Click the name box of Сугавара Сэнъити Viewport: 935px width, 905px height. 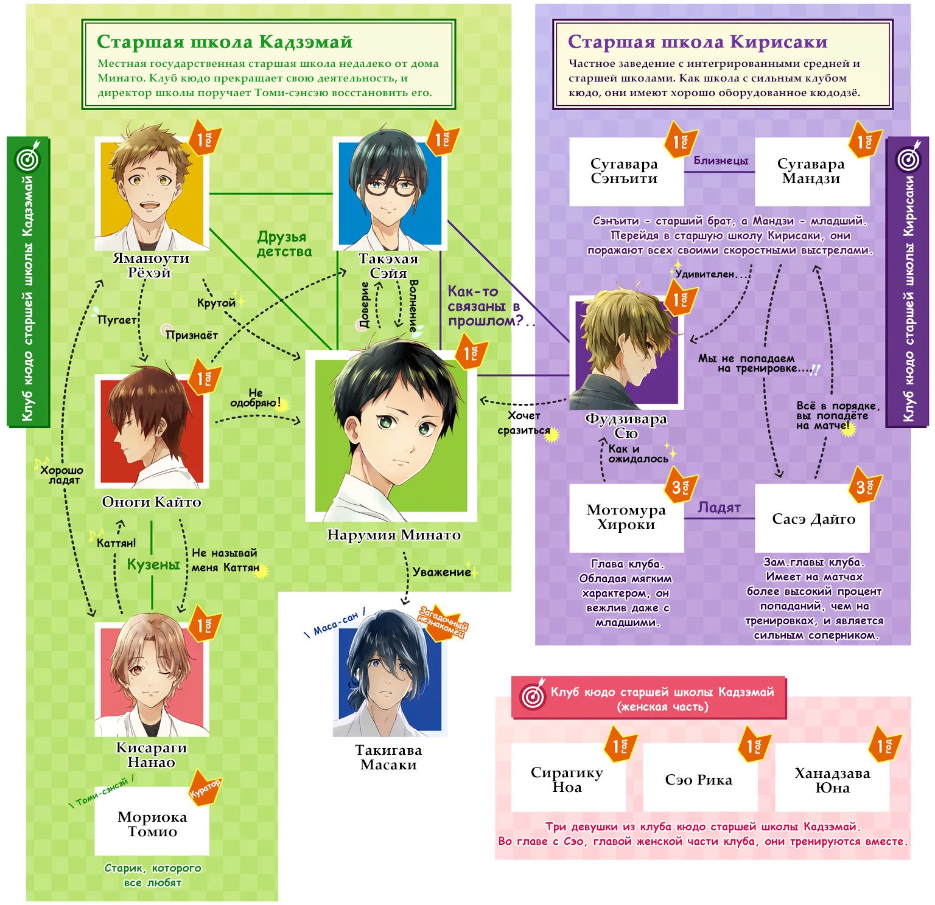coord(626,172)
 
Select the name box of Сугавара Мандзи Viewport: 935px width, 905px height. coord(812,172)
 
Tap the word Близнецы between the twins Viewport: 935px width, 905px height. coord(721,161)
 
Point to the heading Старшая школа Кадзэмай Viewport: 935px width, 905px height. coord(225,41)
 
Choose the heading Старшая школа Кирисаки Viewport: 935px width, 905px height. coord(698,41)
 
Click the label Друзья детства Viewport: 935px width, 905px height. coord(284,244)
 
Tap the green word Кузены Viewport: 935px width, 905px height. coord(153,564)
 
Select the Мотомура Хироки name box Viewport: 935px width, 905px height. coord(626,518)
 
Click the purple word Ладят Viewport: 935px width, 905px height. coord(719,508)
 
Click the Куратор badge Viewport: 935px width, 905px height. coord(205,789)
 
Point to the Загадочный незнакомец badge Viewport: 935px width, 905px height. coord(443,622)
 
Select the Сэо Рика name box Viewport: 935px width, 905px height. coord(700,777)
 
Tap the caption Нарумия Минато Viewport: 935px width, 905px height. coord(394,535)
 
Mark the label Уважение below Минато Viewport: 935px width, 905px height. coord(441,572)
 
